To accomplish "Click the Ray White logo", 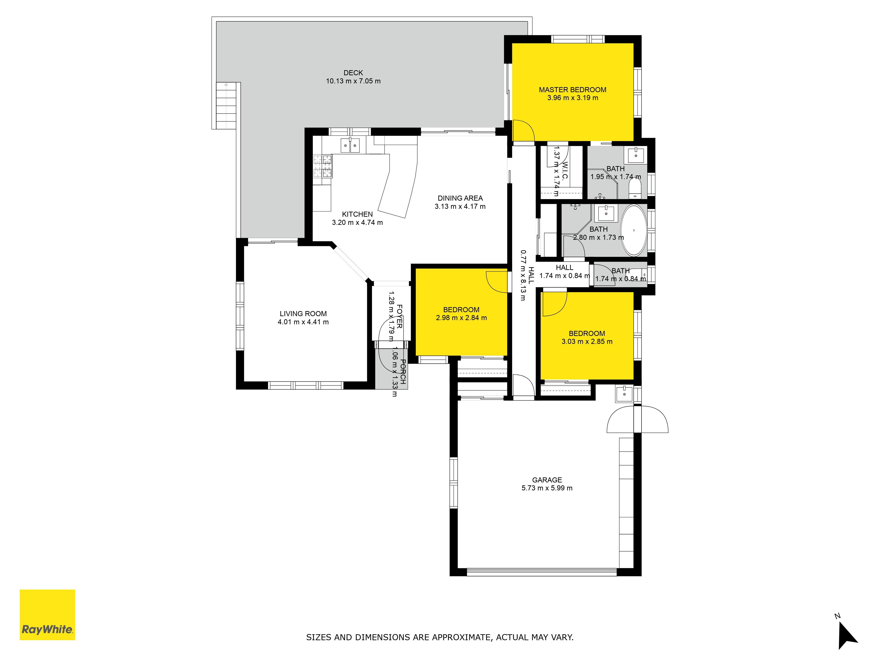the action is [47, 615].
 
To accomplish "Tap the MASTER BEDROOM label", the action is [572, 90].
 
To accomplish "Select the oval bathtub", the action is [634, 230].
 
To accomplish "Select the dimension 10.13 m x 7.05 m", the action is [353, 81].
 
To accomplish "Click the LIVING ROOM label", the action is [303, 314].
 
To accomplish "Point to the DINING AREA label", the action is [460, 198].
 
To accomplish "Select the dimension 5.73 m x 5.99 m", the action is [547, 488].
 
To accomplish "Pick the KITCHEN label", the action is [357, 214].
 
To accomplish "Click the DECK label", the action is [353, 73].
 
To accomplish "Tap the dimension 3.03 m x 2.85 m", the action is [587, 341].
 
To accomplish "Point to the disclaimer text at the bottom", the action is [440, 637].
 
